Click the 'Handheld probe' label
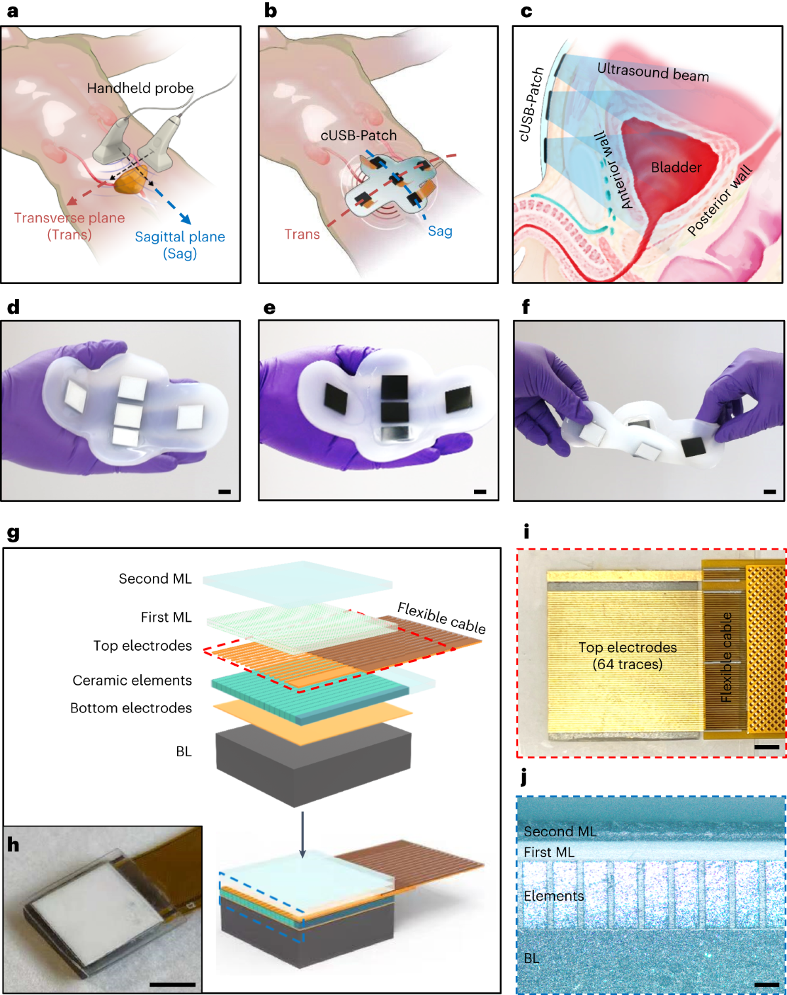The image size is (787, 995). (x=140, y=88)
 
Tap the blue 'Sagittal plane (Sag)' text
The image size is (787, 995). (x=180, y=245)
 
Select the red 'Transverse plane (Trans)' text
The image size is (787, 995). (x=70, y=226)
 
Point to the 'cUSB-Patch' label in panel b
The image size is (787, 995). (x=359, y=135)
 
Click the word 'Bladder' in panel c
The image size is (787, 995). (x=676, y=167)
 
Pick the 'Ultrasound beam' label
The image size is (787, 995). (x=653, y=71)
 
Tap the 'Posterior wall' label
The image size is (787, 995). (x=719, y=201)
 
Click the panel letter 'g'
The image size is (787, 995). (x=13, y=533)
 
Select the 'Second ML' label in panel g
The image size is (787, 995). (x=155, y=579)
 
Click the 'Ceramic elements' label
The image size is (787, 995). (x=132, y=680)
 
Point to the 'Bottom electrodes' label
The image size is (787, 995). (x=131, y=708)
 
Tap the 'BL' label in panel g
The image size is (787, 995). (x=184, y=751)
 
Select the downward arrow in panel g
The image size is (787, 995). (x=302, y=834)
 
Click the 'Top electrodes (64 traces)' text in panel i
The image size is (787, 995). (x=628, y=656)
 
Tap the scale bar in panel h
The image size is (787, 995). (x=172, y=984)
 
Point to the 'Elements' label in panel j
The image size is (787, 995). (x=554, y=896)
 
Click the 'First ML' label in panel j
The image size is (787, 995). (x=549, y=852)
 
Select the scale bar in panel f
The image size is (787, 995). (x=770, y=491)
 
